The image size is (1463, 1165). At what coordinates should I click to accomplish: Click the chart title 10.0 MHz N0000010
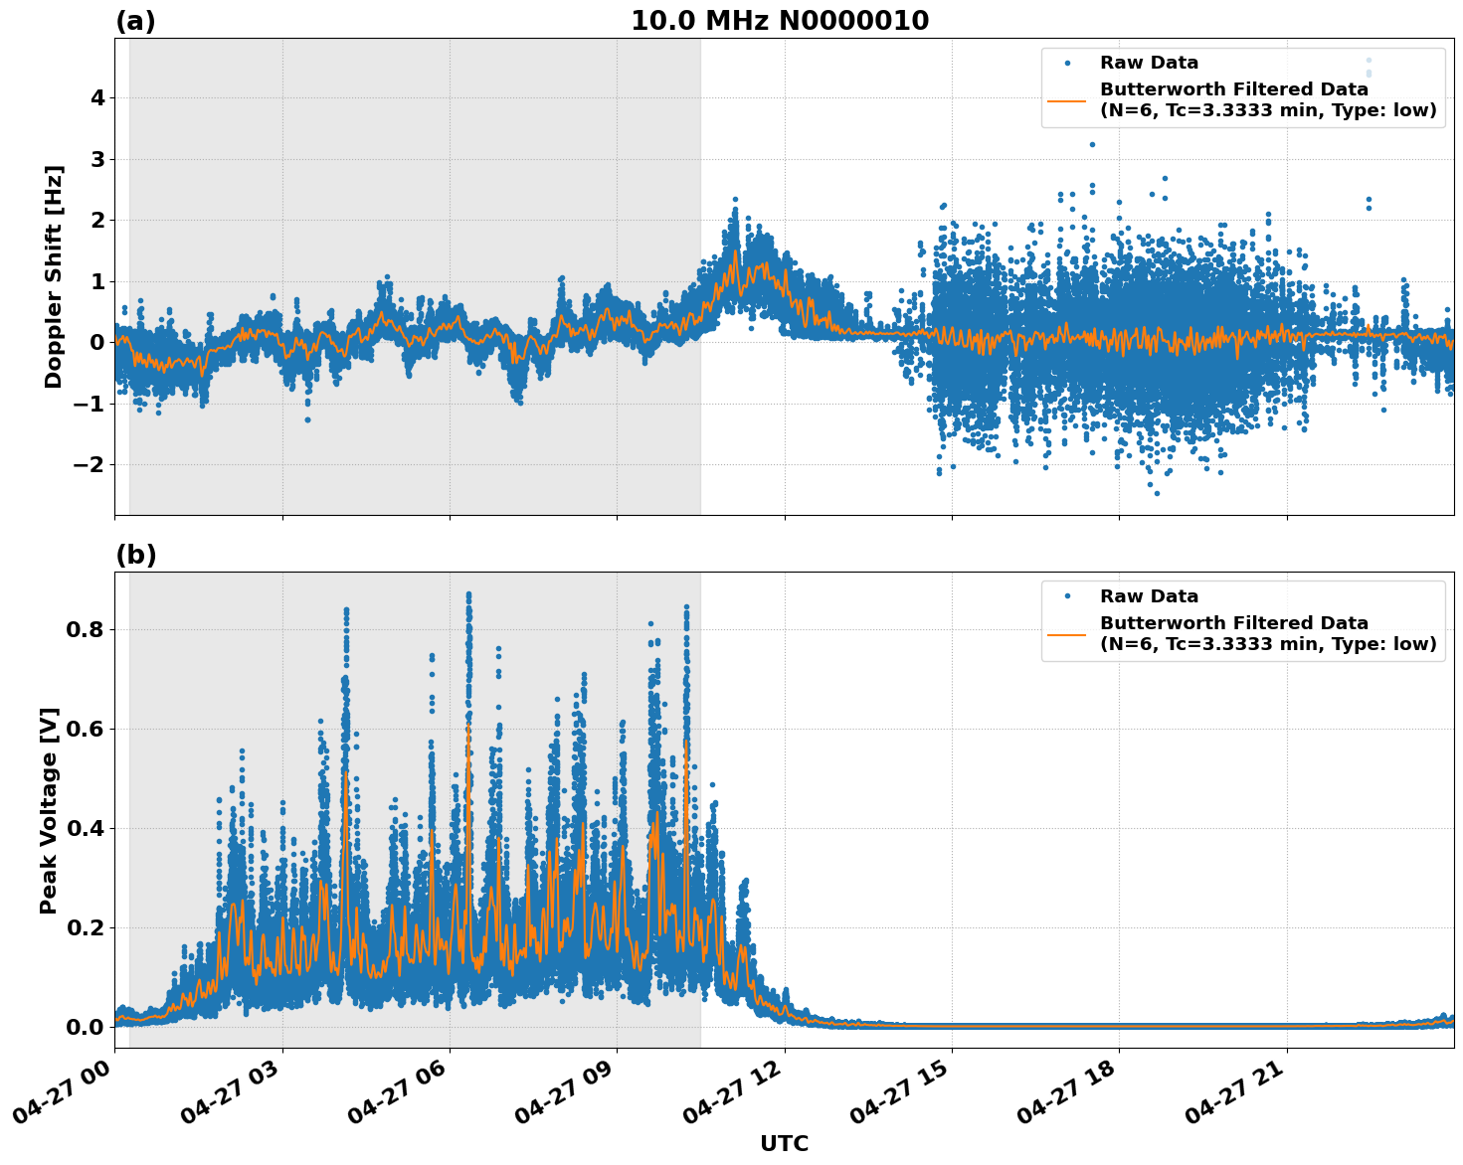[780, 21]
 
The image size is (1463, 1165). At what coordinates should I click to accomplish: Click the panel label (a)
[135, 21]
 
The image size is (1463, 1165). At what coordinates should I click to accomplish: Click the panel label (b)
[135, 555]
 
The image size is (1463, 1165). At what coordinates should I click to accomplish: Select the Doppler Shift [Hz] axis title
[54, 276]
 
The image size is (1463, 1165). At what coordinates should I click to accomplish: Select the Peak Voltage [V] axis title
[49, 810]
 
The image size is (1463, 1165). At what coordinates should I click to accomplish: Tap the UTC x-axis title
[784, 1143]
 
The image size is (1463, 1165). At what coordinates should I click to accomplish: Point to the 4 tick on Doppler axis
[98, 98]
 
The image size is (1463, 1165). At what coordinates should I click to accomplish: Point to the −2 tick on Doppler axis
[91, 465]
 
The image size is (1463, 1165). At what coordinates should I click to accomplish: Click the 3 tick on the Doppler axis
[98, 159]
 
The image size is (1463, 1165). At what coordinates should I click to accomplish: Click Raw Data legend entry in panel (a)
[1149, 63]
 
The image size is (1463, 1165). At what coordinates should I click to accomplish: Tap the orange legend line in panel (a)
[1066, 100]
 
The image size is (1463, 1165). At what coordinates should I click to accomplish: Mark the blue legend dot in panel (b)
[1066, 596]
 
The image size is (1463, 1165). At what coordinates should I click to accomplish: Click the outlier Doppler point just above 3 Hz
[1091, 144]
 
